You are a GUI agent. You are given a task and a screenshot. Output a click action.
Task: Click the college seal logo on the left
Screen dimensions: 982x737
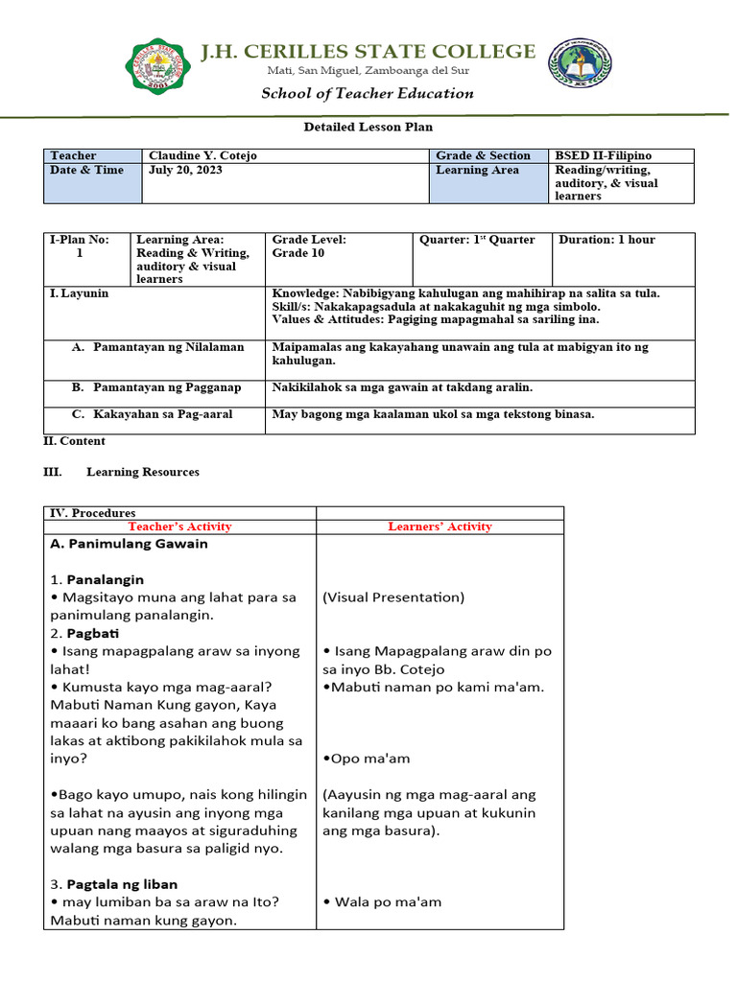pyautogui.click(x=157, y=66)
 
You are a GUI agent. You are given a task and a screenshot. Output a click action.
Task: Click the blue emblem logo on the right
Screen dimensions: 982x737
pyautogui.click(x=579, y=66)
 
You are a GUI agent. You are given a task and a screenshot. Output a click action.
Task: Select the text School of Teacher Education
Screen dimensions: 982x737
pyautogui.click(x=368, y=93)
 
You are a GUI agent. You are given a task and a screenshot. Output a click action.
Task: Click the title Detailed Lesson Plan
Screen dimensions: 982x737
pyautogui.click(x=361, y=127)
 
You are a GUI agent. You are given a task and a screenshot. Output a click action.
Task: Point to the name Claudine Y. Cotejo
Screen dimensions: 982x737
pyautogui.click(x=202, y=155)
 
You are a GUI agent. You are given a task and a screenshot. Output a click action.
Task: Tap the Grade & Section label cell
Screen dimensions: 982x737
pyautogui.click(x=483, y=155)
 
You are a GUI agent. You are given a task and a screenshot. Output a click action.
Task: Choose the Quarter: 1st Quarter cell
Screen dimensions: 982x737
pyautogui.click(x=477, y=240)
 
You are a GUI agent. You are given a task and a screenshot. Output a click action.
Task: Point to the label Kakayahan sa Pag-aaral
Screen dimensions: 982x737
pyautogui.click(x=163, y=414)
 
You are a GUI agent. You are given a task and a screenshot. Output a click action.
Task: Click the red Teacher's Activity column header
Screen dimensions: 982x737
pyautogui.click(x=179, y=526)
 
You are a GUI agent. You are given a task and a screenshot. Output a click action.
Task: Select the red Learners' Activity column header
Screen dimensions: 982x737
pyautogui.click(x=440, y=526)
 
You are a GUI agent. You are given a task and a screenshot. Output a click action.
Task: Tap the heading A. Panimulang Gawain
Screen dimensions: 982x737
pyautogui.click(x=128, y=544)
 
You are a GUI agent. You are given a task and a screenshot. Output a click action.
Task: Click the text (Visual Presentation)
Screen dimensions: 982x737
pyautogui.click(x=393, y=597)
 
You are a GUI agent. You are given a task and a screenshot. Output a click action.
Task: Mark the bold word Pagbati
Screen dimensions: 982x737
pyautogui.click(x=86, y=634)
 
